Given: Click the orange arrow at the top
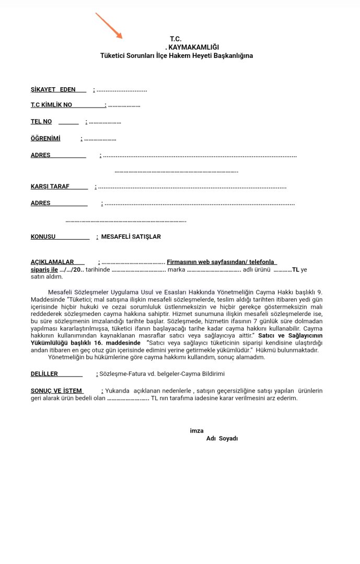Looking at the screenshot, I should (x=109, y=26).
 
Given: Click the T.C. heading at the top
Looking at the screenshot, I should (x=176, y=39).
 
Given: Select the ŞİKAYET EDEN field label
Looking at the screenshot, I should (x=53, y=90).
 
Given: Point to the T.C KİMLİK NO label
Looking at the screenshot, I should (x=52, y=105).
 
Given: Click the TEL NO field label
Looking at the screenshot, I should (x=41, y=122).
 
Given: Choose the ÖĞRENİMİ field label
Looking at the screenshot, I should (x=45, y=138).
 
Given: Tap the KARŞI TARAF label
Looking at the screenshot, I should (x=50, y=186).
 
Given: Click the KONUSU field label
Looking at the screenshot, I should (x=43, y=237).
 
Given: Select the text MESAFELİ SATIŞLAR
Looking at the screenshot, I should (x=131, y=237).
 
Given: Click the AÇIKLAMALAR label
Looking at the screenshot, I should (x=52, y=262).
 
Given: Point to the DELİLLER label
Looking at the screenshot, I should (x=44, y=374).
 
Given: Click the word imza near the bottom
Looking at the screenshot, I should (x=196, y=431).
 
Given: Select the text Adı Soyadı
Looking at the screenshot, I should (x=222, y=439).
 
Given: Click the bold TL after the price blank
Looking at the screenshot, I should (x=296, y=269).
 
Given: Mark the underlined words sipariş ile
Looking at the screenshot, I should (x=44, y=269).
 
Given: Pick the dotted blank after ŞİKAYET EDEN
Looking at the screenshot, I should (x=122, y=90).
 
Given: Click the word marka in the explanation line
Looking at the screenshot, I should (x=177, y=269).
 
